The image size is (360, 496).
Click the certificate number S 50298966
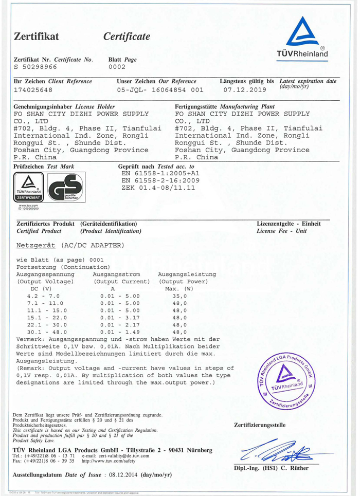point(35,67)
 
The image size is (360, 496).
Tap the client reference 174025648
point(33,90)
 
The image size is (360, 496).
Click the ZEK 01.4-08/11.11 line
point(158,188)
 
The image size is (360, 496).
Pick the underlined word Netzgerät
point(37,245)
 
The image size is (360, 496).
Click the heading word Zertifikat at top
point(37,36)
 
